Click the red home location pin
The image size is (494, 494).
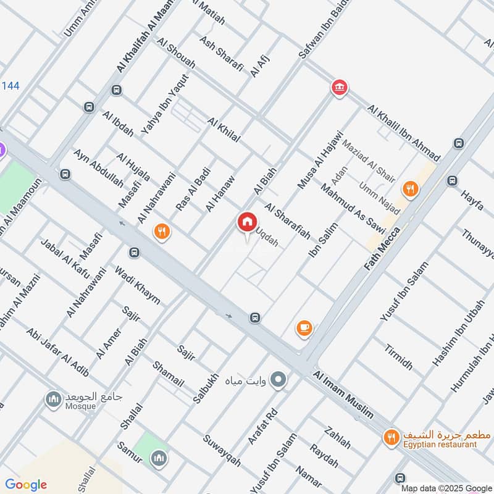pos(247,222)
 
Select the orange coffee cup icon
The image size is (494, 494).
pos(304,329)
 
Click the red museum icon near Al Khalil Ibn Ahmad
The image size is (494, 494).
pos(338,88)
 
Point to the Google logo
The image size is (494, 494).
pos(26,485)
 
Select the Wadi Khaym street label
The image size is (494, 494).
pos(137,285)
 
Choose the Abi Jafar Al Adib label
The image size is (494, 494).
pos(57,351)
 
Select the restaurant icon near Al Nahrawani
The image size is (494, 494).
pos(162,232)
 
